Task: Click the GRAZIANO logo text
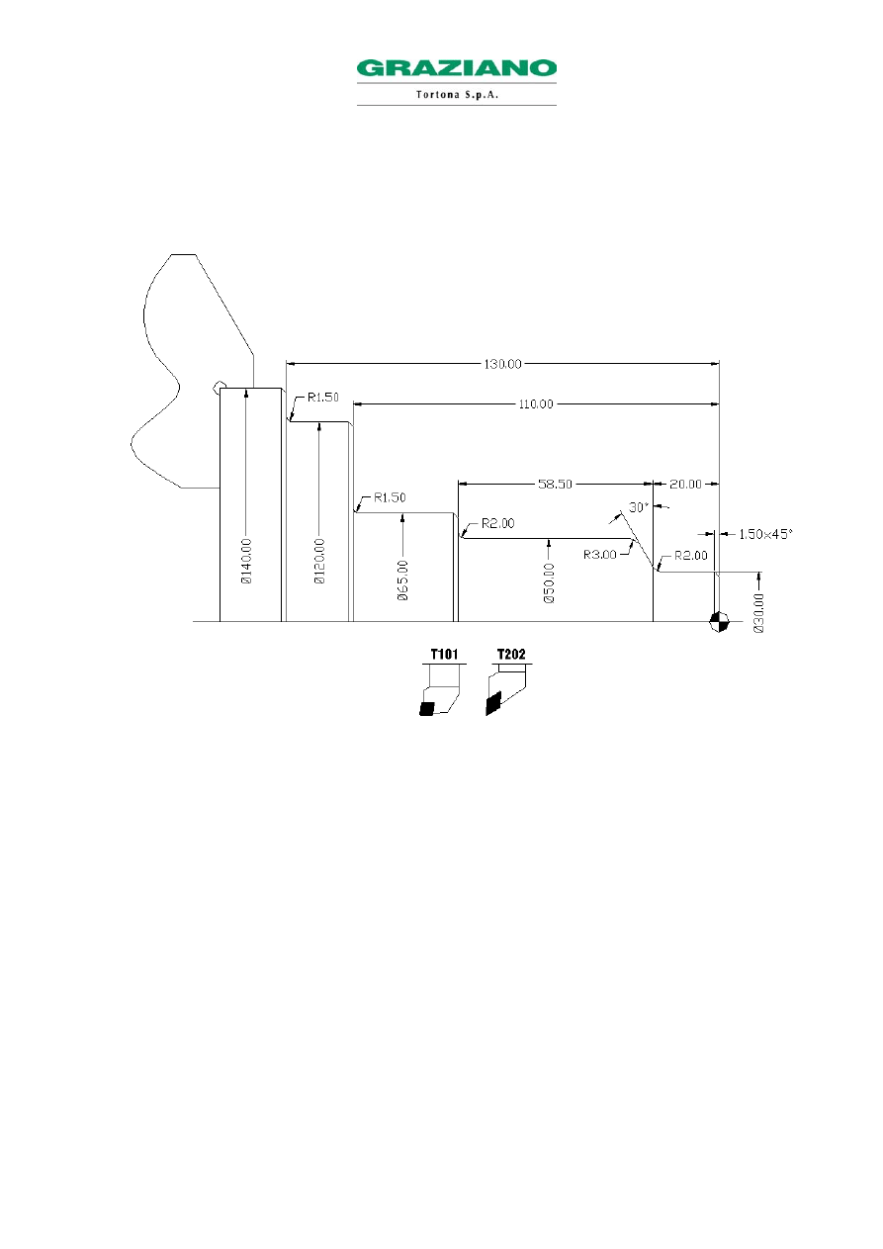[457, 68]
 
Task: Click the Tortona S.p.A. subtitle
[457, 94]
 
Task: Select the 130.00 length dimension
[502, 364]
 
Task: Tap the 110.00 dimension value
[536, 404]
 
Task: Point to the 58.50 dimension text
[555, 484]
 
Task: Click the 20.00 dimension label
[685, 484]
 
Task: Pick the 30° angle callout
[639, 507]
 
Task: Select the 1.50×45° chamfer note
[765, 534]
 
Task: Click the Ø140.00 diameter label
[246, 562]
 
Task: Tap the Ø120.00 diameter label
[319, 562]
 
